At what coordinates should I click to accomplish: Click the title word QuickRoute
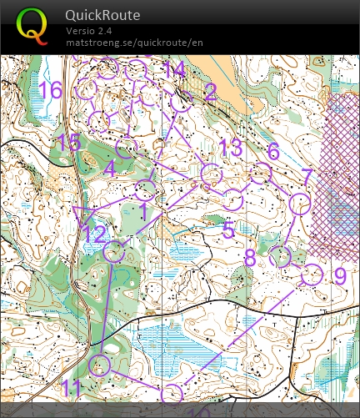click(103, 15)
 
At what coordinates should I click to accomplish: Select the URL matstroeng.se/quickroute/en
click(134, 42)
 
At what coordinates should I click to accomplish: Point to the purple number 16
click(51, 90)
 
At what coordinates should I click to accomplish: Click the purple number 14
click(174, 70)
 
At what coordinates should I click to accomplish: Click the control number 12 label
click(94, 234)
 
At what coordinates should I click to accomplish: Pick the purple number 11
click(72, 387)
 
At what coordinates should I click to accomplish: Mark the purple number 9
click(339, 274)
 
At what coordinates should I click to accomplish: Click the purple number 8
click(250, 258)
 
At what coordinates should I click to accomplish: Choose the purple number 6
click(272, 151)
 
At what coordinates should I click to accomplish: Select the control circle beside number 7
click(299, 203)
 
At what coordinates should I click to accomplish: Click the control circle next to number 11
click(100, 364)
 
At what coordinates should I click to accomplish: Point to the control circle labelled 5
click(233, 199)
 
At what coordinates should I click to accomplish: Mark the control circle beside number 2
click(182, 102)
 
